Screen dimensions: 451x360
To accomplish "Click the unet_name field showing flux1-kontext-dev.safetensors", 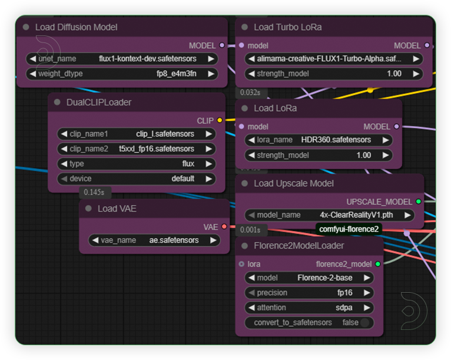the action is point(122,59).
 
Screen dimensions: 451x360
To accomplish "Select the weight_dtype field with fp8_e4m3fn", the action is point(122,74).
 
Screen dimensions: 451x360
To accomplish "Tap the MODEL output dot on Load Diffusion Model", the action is point(222,45).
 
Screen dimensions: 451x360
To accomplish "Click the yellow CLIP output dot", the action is point(220,120).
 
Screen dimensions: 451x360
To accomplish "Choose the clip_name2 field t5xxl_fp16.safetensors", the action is point(137,149).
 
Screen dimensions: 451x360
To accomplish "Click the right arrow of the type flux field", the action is point(209,164).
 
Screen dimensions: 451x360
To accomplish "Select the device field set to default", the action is point(137,179).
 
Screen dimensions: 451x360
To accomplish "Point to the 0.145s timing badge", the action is point(94,192).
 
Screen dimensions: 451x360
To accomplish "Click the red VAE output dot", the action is point(224,227).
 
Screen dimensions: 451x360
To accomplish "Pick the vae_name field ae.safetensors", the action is point(154,240).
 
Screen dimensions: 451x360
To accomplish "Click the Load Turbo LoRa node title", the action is point(288,27).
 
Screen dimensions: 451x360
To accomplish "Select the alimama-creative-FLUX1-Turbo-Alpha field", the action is point(334,59).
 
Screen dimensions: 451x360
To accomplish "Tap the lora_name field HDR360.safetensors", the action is point(319,140).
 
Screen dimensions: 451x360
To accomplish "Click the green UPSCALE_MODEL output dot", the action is point(419,202).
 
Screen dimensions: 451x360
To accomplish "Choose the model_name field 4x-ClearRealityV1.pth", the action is point(329,215).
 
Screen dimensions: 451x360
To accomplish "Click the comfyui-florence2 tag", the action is point(349,229).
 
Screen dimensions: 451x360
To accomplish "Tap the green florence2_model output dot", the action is point(378,264).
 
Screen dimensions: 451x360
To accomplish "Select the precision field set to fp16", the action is point(309,293).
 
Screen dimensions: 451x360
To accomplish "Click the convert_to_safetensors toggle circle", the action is point(364,323).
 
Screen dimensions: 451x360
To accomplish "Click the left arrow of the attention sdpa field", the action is point(251,308).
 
